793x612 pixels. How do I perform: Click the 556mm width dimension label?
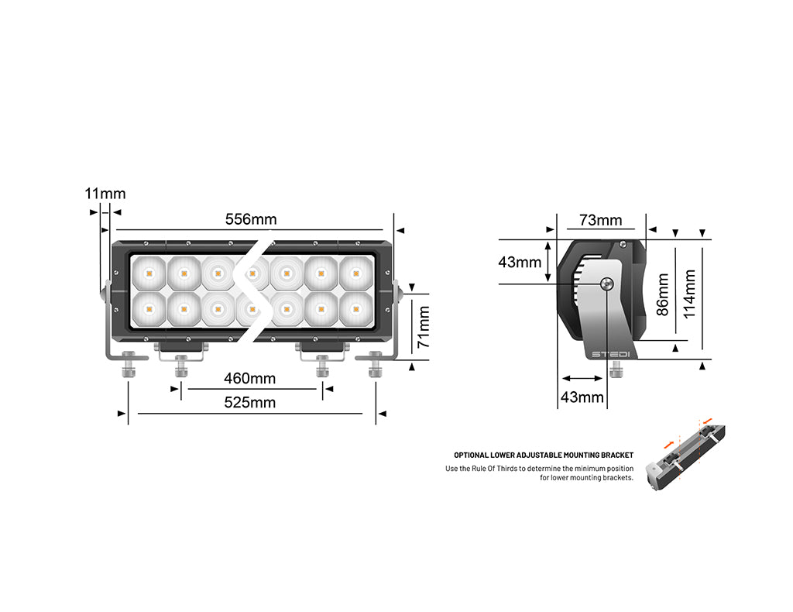coord(250,219)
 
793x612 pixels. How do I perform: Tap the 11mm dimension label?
coord(105,194)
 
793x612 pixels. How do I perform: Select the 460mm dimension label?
coord(249,379)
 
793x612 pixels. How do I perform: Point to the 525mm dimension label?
coord(249,403)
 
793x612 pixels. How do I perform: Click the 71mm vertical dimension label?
coord(424,327)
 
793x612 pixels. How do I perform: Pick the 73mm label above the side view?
coord(601,220)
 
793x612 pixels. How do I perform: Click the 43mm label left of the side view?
coord(520,262)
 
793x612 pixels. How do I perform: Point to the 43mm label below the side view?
coord(582,397)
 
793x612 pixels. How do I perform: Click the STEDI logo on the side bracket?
coord(611,355)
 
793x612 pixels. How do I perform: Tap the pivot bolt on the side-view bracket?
coord(607,284)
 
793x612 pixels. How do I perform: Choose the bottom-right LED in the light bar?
coord(355,309)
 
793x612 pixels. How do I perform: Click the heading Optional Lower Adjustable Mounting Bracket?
coord(544,456)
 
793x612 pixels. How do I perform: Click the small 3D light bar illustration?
coord(688,458)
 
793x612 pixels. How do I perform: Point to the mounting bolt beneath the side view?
coord(616,371)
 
